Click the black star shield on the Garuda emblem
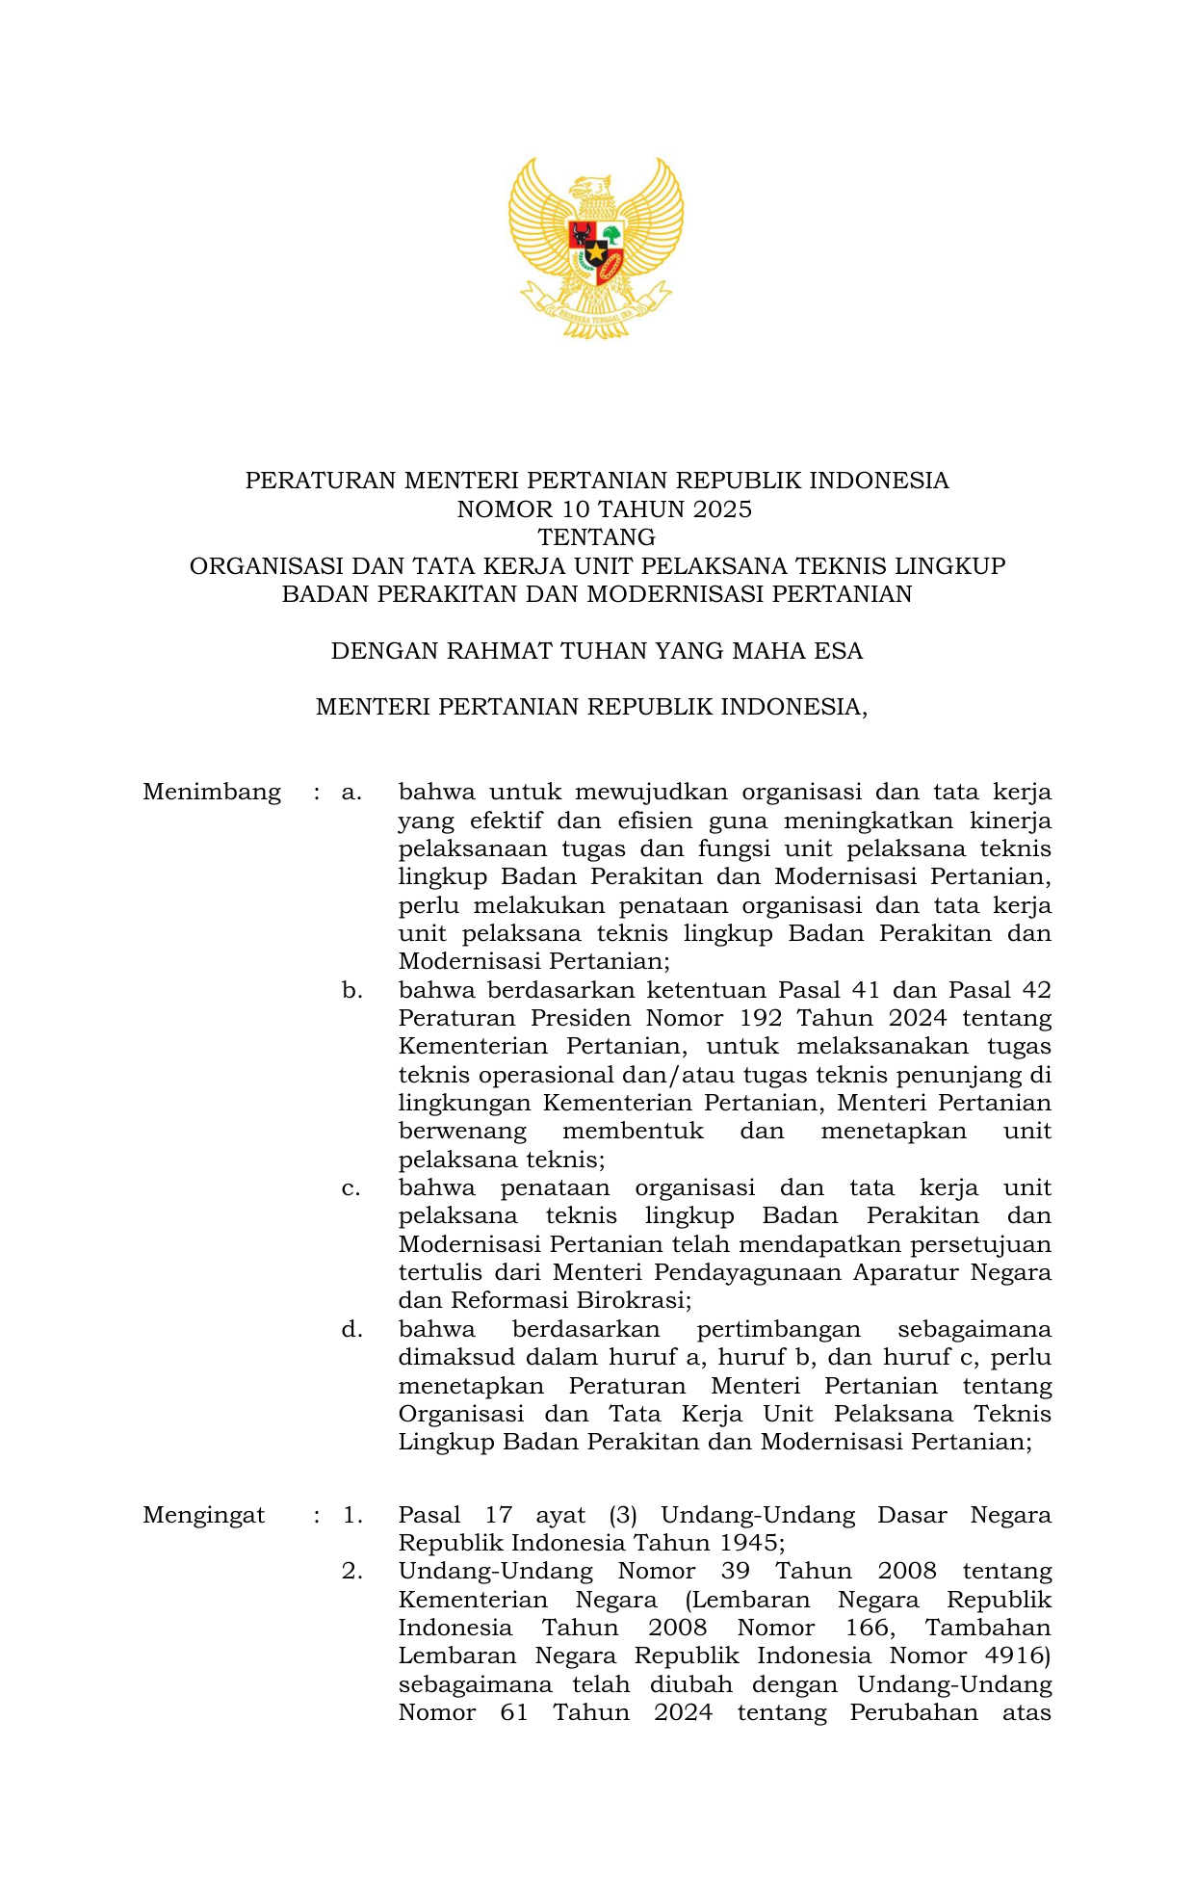(596, 252)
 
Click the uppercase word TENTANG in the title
(597, 536)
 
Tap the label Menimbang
(212, 793)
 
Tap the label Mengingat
(203, 1515)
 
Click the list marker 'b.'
(351, 990)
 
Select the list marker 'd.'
(351, 1329)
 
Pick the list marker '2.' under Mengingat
(351, 1571)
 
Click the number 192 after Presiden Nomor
(760, 1018)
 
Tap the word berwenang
(462, 1131)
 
